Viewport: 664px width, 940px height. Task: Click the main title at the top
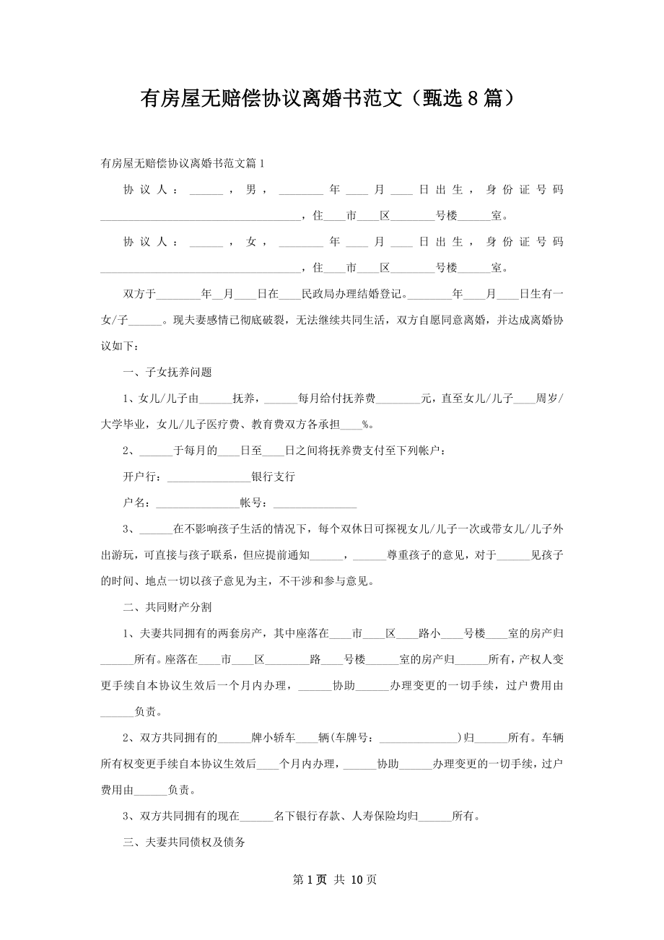(x=331, y=98)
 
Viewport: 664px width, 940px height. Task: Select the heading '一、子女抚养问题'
(x=167, y=373)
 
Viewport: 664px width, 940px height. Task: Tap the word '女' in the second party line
(x=251, y=242)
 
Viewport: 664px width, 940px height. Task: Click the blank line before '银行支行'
(x=208, y=477)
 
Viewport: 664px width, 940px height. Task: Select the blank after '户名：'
(x=196, y=503)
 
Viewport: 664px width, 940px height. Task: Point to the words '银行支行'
(x=273, y=477)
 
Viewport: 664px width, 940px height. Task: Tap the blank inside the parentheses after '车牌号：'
(x=419, y=738)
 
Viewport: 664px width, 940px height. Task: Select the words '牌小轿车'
(x=273, y=738)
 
